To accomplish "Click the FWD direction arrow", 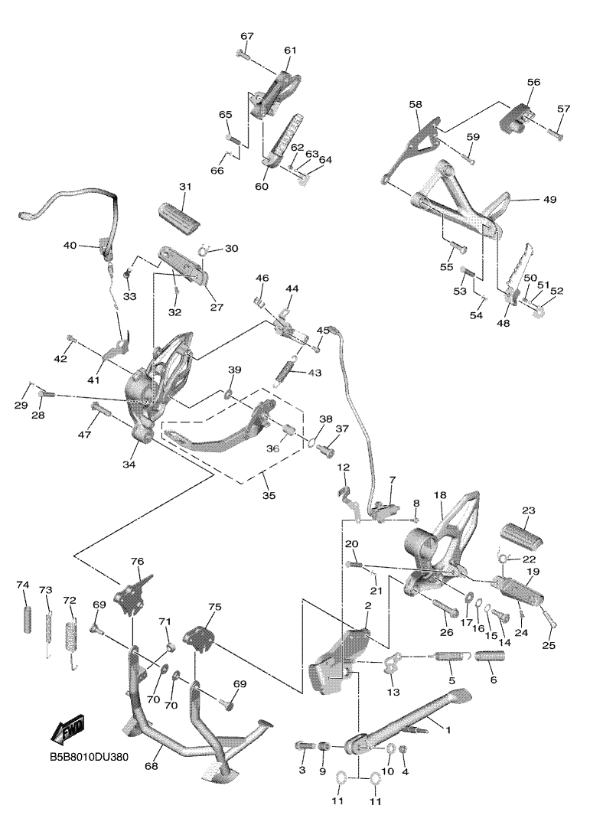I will tap(67, 729).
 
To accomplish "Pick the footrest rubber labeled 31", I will tap(181, 212).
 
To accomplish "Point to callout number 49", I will tap(549, 200).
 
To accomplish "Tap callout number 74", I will tap(23, 585).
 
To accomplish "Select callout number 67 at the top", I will tap(246, 36).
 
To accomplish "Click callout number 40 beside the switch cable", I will tap(70, 246).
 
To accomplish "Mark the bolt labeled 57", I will tap(556, 134).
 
